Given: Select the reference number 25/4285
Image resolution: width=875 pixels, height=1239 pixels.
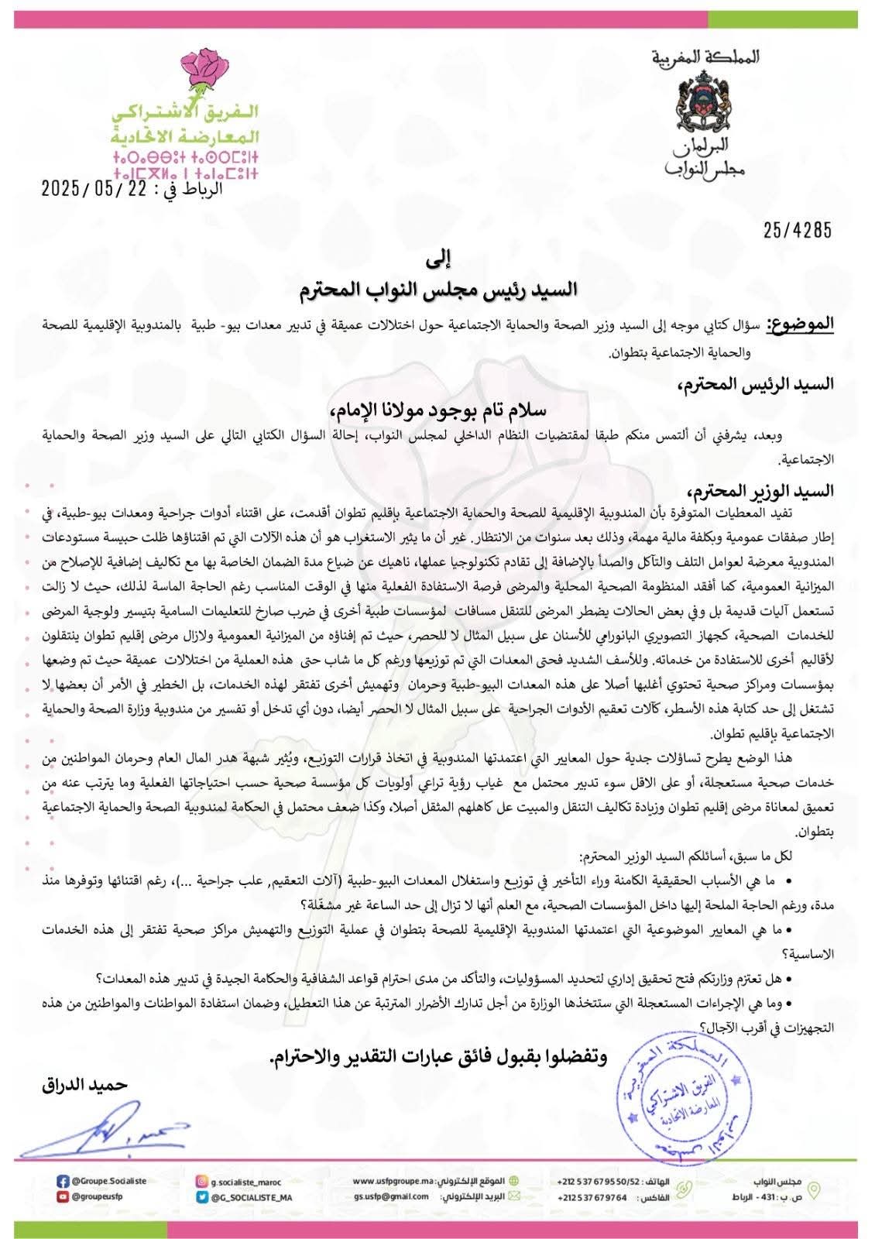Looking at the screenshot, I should pyautogui.click(x=798, y=230).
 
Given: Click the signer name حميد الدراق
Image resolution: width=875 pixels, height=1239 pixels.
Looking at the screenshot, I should pyautogui.click(x=84, y=1085).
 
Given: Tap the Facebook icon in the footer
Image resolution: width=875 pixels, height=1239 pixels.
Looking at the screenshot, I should pyautogui.click(x=63, y=1182).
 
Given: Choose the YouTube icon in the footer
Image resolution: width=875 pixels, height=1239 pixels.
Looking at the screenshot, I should pyautogui.click(x=63, y=1196).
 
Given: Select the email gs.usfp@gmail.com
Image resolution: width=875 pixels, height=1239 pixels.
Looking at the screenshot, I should pyautogui.click(x=392, y=1196).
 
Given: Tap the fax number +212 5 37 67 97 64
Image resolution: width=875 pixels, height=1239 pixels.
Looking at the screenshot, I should pyautogui.click(x=592, y=1197).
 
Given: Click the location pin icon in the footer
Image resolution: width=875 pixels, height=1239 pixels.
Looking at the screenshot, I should pyautogui.click(x=812, y=1189).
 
